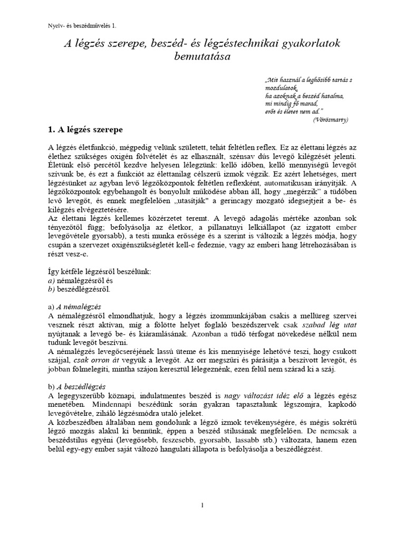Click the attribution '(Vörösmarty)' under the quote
331,119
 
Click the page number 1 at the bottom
202,506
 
